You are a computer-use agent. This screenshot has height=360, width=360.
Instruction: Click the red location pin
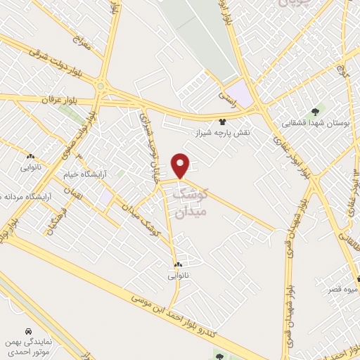point(181,165)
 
